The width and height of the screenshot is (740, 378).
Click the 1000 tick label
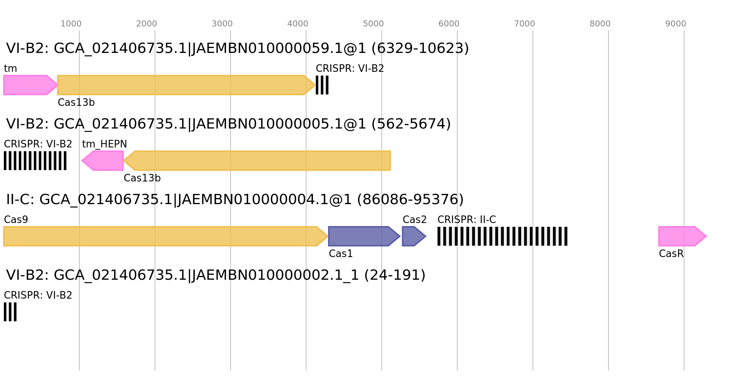pyautogui.click(x=71, y=24)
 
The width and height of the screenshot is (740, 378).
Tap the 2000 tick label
pyautogui.click(x=147, y=24)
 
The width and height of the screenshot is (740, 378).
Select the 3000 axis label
pyautogui.click(x=222, y=24)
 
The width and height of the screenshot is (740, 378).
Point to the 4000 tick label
pyautogui.click(x=298, y=24)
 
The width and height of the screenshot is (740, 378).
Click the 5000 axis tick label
pyautogui.click(x=373, y=24)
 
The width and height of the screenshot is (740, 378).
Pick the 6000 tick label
pyautogui.click(x=449, y=24)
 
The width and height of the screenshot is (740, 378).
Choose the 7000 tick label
pyautogui.click(x=525, y=24)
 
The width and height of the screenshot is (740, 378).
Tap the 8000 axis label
pyautogui.click(x=600, y=24)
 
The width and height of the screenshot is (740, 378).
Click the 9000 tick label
pyautogui.click(x=676, y=24)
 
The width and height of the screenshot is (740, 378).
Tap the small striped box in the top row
pyautogui.click(x=322, y=85)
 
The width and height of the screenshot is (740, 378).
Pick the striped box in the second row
pyautogui.click(x=35, y=161)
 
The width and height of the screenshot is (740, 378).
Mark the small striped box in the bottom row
pyautogui.click(x=10, y=312)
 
